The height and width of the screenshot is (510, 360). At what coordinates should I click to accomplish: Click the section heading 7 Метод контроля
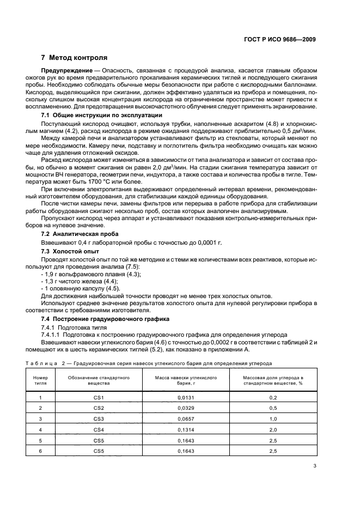coord(74,57)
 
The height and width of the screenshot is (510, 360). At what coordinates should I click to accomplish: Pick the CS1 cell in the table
coord(99,398)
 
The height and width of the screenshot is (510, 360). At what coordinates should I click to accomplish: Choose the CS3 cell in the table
coord(99,419)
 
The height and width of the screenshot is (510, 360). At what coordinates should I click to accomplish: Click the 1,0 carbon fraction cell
coord(273,419)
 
